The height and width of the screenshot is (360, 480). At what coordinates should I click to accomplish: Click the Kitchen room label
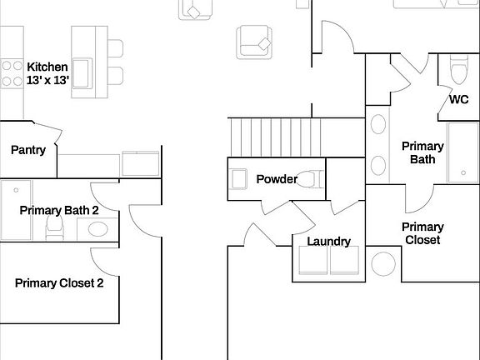coord(47,67)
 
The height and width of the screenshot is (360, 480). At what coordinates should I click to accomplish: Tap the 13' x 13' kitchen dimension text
coord(47,80)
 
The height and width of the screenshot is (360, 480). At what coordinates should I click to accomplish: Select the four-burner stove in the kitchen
coord(12,72)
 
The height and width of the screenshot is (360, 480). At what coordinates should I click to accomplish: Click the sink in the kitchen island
coord(83,67)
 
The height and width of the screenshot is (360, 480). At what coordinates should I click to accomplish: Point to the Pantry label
coord(27,150)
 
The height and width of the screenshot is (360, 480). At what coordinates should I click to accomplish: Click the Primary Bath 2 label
coord(59,211)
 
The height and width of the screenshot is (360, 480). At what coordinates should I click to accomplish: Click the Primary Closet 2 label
coord(59,283)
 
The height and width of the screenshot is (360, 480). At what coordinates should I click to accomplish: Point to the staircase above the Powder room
coord(275,135)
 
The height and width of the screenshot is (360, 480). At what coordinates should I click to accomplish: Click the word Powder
coord(277,179)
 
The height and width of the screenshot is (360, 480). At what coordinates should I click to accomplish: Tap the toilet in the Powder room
coord(311,178)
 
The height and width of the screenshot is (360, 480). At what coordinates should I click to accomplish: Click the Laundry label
coord(328,242)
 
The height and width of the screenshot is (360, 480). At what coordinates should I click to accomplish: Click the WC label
coord(458,99)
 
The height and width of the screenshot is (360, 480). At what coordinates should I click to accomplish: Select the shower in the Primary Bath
coord(462,152)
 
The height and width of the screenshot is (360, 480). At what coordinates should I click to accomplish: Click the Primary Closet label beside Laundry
coord(422,233)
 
